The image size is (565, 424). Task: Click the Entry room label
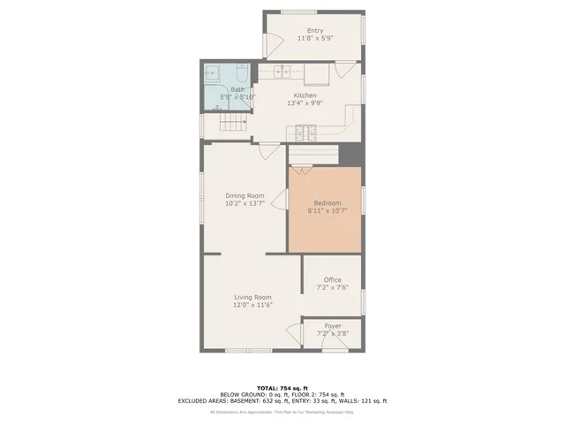pyautogui.click(x=314, y=31)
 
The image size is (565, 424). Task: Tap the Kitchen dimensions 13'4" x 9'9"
pyautogui.click(x=305, y=102)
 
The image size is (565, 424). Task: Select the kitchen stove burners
pyautogui.click(x=304, y=134)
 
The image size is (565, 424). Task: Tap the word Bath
pyautogui.click(x=238, y=89)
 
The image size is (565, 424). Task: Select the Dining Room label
pyautogui.click(x=245, y=195)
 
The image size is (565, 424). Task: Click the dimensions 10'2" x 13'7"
pyautogui.click(x=245, y=203)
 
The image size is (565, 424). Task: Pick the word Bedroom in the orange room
pyautogui.click(x=326, y=203)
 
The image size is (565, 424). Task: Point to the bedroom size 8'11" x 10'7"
pyautogui.click(x=326, y=211)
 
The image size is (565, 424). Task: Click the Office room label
pyautogui.click(x=332, y=279)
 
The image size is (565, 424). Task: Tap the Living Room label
pyautogui.click(x=252, y=297)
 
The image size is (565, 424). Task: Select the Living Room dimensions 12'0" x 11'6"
pyautogui.click(x=252, y=305)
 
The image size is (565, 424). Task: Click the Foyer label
pyautogui.click(x=332, y=325)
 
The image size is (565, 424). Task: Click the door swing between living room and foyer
pyautogui.click(x=294, y=334)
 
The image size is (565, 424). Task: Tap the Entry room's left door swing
pyautogui.click(x=274, y=41)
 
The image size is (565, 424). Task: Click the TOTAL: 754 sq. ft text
pyautogui.click(x=282, y=388)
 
